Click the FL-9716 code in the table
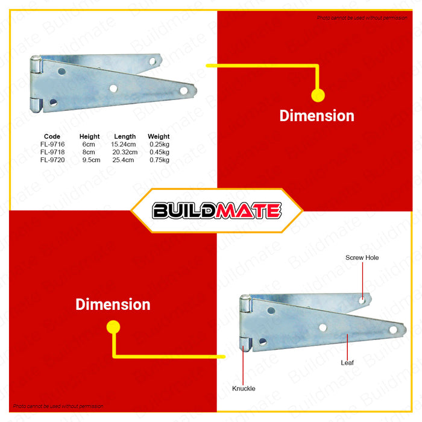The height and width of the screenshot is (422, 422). pos(52,145)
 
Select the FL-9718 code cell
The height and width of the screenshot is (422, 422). pos(52,153)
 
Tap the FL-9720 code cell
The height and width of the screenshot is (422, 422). pos(52,160)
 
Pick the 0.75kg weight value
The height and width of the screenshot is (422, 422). pos(159,160)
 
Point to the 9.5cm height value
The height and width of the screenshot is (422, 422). pos(91,160)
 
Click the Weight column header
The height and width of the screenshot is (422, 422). pos(159,137)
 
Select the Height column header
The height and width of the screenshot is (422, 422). pos(90,137)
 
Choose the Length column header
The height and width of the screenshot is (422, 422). pos(125,137)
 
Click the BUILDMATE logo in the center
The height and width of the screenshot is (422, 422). pos(216,210)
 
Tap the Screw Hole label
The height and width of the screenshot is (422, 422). pos(362,258)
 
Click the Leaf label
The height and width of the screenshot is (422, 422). pos(348,364)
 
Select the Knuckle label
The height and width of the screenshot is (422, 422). pos(244,389)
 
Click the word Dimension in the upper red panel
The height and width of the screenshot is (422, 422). pos(316,116)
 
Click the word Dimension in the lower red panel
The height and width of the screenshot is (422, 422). pos(113,304)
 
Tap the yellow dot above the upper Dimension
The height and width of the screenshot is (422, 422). pos(318,95)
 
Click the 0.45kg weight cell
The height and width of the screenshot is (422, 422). pos(159,153)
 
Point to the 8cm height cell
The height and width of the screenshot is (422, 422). pos(89,153)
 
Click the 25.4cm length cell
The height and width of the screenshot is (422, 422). pos(123,160)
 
